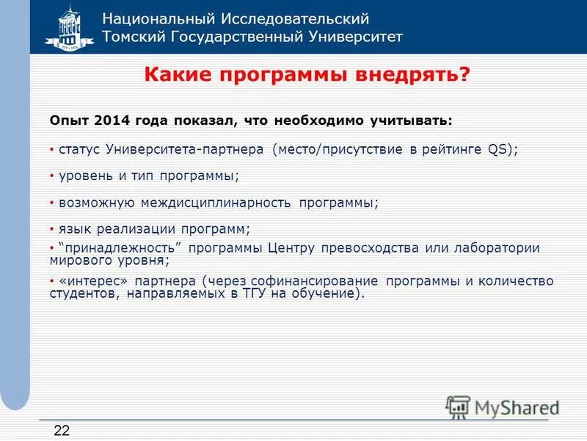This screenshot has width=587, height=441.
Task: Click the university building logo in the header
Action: (69, 27)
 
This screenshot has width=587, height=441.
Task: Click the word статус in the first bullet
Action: (81, 149)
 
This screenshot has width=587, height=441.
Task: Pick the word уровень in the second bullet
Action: (84, 176)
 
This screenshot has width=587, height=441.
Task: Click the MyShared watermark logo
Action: (503, 406)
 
